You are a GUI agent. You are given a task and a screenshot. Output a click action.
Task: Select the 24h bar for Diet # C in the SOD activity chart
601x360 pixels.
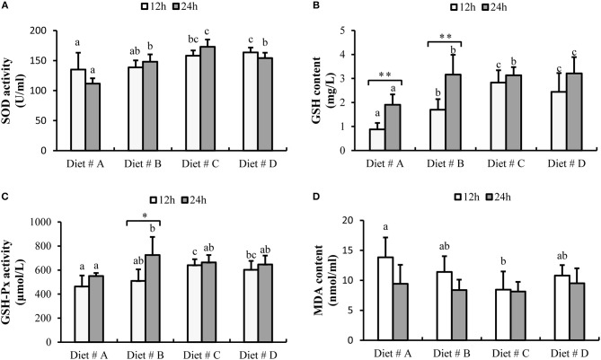(x=211, y=99)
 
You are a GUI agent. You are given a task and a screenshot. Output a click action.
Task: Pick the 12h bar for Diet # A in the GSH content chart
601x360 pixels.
(x=377, y=145)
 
